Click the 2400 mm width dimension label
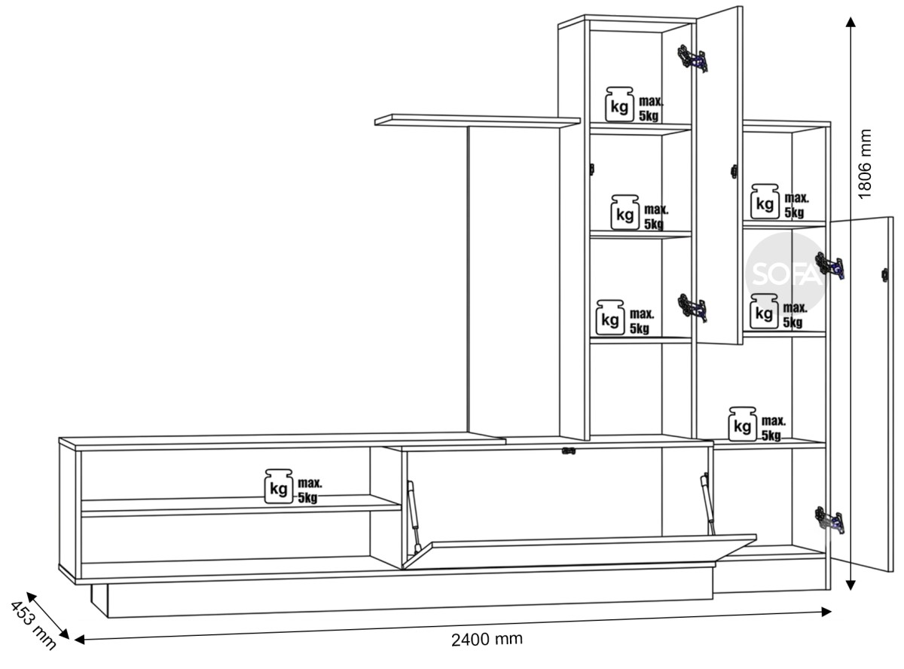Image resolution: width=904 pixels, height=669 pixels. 487,639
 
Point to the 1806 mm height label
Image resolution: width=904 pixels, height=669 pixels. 864,164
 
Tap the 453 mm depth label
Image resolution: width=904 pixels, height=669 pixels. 33,626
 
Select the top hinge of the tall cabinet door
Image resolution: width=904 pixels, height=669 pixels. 692,59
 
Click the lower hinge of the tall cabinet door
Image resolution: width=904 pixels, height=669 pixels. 692,308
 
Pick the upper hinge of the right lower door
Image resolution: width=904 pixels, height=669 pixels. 829,266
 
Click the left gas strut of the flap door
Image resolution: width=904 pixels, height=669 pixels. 414,517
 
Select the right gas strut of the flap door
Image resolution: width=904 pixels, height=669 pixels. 707,503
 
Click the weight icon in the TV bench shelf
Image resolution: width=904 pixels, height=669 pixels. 279,486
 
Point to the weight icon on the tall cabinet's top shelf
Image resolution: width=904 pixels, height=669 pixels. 619,105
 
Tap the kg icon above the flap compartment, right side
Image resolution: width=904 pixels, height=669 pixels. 743,424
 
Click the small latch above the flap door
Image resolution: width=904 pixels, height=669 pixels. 569,451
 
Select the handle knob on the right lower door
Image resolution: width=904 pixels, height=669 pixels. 885,275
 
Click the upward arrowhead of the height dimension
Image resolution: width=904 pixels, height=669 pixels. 851,22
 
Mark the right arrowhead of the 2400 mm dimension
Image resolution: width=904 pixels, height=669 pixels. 826,612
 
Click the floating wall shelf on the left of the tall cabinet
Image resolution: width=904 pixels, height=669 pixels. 478,121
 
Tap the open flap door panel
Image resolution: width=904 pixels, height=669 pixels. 579,551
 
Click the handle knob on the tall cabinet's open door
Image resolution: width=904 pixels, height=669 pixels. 734,172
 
